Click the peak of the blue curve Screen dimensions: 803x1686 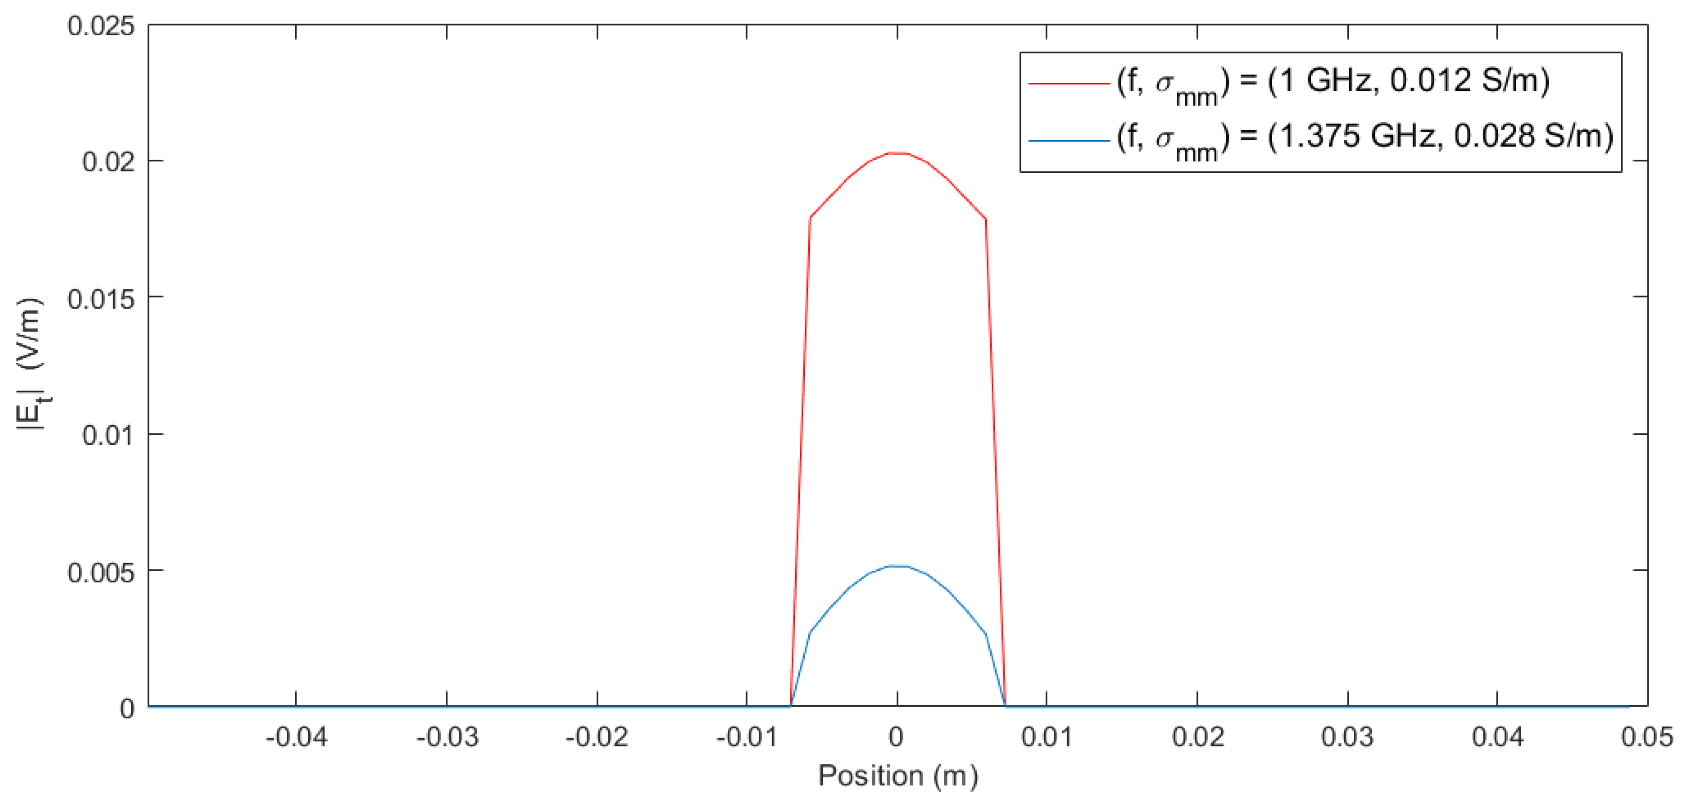897,566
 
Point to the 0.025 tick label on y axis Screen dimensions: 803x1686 101,26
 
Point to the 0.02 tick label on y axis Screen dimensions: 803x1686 109,162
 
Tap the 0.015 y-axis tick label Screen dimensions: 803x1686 101,299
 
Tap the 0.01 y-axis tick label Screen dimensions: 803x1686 109,435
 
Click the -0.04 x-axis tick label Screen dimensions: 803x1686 296,737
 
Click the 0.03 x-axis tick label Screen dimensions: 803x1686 1347,737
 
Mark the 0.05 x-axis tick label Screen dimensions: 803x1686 1647,737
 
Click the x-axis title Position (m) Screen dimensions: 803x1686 898,776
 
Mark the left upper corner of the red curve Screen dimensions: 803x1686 810,217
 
